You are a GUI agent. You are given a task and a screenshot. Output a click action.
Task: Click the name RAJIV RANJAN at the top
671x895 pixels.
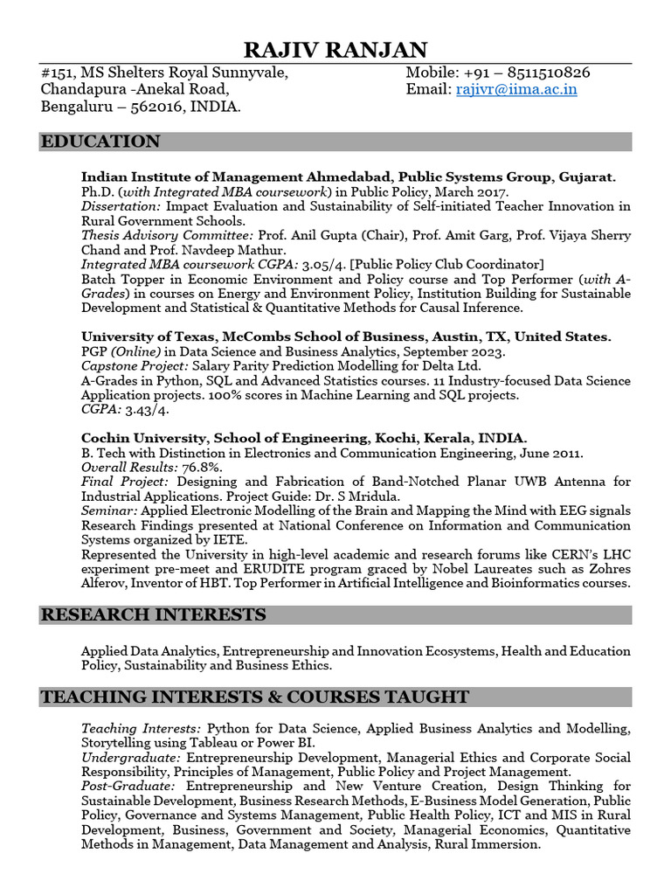[x=335, y=49]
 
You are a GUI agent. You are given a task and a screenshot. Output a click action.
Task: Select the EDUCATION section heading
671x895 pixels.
[x=100, y=142]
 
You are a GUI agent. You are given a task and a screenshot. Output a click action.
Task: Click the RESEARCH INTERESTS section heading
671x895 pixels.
[x=154, y=615]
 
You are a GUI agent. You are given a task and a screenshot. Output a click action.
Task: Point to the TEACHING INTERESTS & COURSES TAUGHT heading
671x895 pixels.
[x=255, y=697]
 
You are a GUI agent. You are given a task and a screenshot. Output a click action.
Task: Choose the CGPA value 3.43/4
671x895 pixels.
[x=147, y=409]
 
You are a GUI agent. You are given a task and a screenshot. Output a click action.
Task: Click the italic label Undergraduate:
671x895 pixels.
[x=131, y=757]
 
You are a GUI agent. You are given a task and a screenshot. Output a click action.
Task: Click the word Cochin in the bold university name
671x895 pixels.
[x=107, y=438]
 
